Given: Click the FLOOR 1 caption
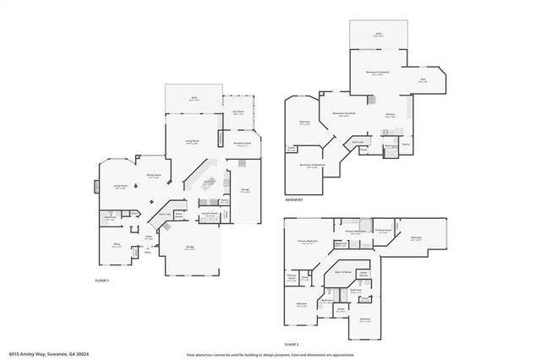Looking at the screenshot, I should click(101, 280).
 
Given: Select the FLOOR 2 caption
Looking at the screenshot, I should click(292, 345).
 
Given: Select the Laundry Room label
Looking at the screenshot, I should click(210, 215).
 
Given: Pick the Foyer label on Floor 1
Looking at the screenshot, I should click(147, 237).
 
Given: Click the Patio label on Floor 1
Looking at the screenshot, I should click(194, 98).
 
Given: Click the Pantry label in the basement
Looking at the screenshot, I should click(406, 145).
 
